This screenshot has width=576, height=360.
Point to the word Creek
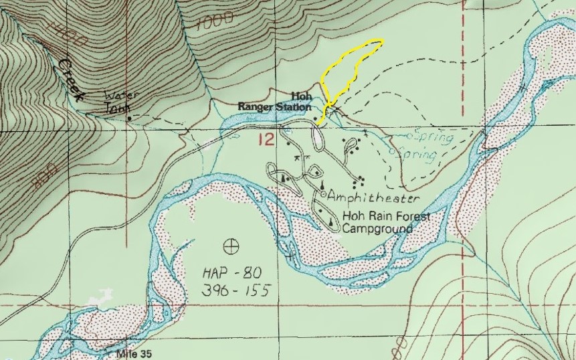click(71, 78)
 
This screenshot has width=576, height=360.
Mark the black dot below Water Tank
click(129, 119)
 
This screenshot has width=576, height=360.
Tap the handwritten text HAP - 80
click(229, 273)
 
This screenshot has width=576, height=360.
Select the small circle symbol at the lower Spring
click(395, 153)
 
